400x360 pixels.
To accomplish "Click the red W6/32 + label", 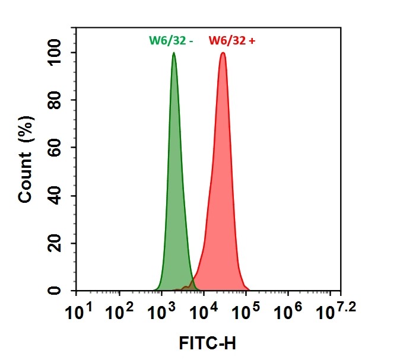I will tap(233, 41).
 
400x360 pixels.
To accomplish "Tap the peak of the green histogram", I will tap(174, 53).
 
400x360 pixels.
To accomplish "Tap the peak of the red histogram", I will tap(223, 53).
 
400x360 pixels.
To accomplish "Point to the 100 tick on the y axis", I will tap(56, 53).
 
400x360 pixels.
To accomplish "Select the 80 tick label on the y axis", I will tap(56, 100).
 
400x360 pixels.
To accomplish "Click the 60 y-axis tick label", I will tap(56, 148).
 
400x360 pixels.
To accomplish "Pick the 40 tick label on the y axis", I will tap(56, 196).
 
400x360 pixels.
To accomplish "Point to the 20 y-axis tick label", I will tap(56, 243).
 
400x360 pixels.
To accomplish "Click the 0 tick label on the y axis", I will tap(56, 291).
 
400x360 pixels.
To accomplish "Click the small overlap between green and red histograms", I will tap(189, 287).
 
